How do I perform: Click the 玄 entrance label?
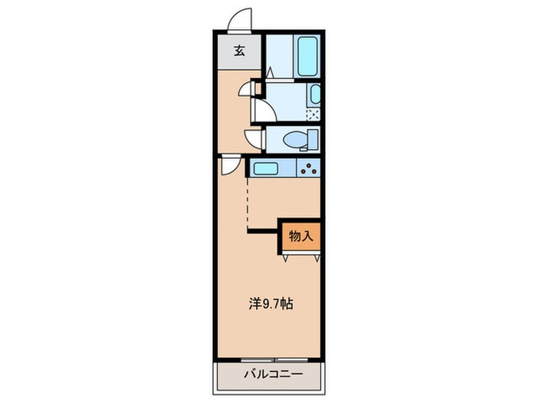[240, 51]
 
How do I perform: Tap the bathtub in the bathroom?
[307, 56]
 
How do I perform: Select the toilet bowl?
[295, 140]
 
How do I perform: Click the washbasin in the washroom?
[315, 94]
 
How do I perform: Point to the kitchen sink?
[266, 168]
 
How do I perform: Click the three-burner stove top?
[308, 168]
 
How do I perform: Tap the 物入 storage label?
[301, 236]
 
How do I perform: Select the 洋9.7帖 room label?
[271, 304]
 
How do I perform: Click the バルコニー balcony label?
[273, 374]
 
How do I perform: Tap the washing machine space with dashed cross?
[313, 114]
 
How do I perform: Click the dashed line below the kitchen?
[247, 205]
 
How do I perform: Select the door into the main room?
[231, 165]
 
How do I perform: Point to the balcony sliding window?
[274, 360]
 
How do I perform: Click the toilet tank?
[313, 140]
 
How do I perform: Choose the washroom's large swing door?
[264, 110]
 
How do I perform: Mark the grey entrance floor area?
[240, 51]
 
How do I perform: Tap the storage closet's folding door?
[301, 256]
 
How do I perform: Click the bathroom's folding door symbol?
[270, 72]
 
